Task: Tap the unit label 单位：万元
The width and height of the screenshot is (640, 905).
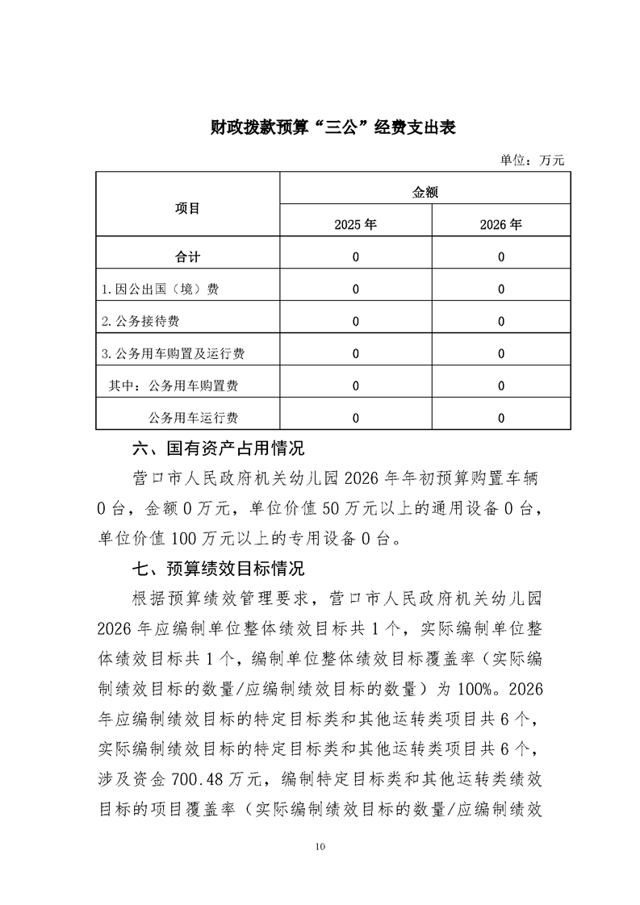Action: [533, 160]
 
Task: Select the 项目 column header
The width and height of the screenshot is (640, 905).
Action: [188, 208]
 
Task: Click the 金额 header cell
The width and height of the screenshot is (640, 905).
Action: [425, 192]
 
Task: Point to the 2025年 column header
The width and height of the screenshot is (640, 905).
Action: [356, 225]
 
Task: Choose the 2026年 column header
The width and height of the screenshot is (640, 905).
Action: [501, 225]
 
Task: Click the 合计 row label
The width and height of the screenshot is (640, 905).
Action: [188, 257]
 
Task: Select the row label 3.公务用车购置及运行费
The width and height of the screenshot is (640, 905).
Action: [174, 353]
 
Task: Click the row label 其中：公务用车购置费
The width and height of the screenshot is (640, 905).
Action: [174, 386]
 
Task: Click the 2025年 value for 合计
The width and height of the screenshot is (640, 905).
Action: [356, 257]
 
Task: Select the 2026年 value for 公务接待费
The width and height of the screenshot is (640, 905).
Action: [501, 321]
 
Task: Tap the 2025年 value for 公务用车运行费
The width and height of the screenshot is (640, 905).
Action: [356, 418]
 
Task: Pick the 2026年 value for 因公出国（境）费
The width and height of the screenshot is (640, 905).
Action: [501, 290]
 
